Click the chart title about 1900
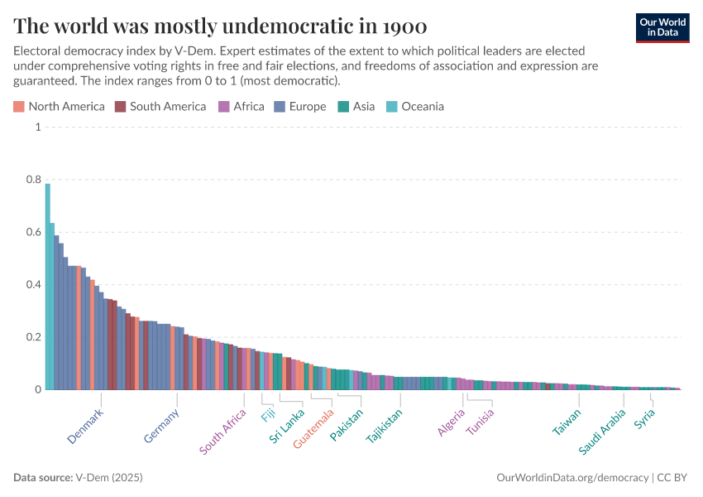[220, 24]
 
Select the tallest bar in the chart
[48, 286]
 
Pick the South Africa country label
[222, 432]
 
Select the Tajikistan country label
[385, 427]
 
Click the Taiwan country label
[567, 422]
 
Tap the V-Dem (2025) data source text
[108, 478]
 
